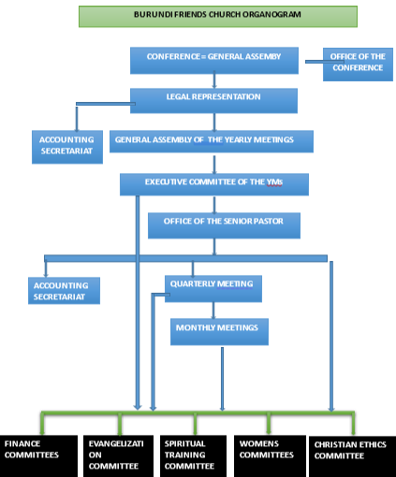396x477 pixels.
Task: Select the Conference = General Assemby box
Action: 214,61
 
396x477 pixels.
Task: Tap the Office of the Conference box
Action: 358,65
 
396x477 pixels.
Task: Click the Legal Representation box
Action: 213,101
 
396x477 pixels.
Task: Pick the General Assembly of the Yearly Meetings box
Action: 212,141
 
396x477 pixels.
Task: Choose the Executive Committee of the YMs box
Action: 214,184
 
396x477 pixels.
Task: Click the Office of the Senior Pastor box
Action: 224,225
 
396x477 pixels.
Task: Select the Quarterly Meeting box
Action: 213,289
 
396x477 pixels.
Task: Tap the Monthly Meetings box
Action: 219,332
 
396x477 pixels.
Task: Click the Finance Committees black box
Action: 38,455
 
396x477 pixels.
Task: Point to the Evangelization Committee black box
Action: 118,455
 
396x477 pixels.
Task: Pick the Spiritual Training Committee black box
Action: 193,455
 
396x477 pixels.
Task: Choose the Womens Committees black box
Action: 270,455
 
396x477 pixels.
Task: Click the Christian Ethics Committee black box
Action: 352,456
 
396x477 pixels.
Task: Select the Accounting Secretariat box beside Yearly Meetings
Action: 67,147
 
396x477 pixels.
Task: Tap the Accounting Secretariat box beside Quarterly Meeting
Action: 64,291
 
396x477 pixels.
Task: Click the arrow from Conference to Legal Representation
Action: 214,79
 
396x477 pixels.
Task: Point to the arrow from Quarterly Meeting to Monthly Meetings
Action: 213,311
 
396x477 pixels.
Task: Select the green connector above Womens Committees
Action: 269,423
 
